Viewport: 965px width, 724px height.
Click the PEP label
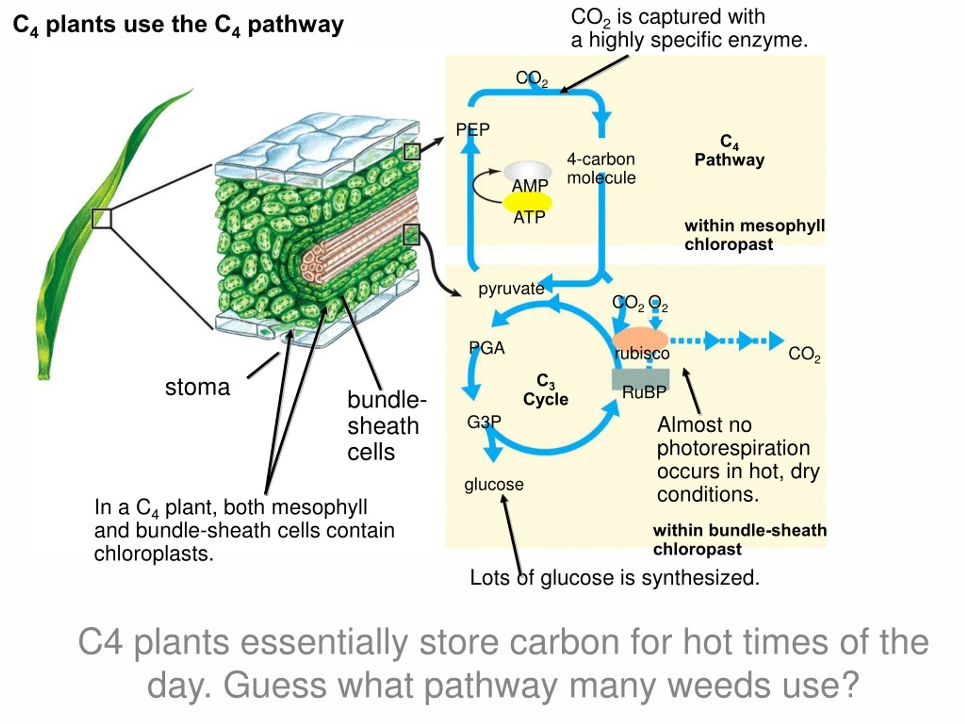[472, 129]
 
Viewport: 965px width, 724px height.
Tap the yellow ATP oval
[528, 202]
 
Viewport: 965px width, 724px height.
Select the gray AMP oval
[528, 171]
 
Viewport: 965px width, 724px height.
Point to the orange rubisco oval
[640, 339]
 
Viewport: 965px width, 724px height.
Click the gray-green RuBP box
[640, 379]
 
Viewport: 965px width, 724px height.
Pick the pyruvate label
[511, 289]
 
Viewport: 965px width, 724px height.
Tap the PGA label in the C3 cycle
[487, 348]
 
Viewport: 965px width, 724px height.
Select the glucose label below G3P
[494, 485]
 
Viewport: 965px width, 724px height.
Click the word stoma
[197, 387]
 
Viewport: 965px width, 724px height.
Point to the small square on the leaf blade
[102, 218]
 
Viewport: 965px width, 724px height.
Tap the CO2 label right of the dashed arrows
[804, 354]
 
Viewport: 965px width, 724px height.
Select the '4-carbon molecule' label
[601, 169]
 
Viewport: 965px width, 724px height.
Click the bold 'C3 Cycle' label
[545, 390]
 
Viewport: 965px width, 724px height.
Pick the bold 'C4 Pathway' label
[729, 151]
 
